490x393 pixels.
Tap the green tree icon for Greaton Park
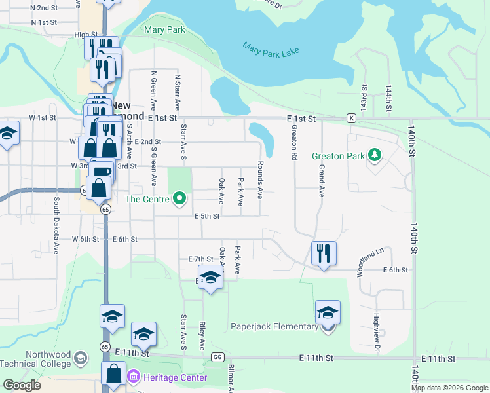pos(374,155)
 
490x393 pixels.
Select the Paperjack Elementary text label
pos(274,326)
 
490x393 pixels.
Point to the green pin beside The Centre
pos(179,198)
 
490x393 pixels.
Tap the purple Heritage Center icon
pos(134,377)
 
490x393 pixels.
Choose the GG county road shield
pos(217,357)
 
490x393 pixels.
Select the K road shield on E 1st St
pos(352,118)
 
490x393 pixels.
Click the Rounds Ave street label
pos(260,180)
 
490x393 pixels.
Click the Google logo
pos(22,385)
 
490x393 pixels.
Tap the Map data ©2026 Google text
pos(449,388)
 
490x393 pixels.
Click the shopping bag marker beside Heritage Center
pos(114,374)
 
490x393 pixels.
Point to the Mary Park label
pos(164,29)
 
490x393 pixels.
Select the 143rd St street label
pos(364,96)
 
